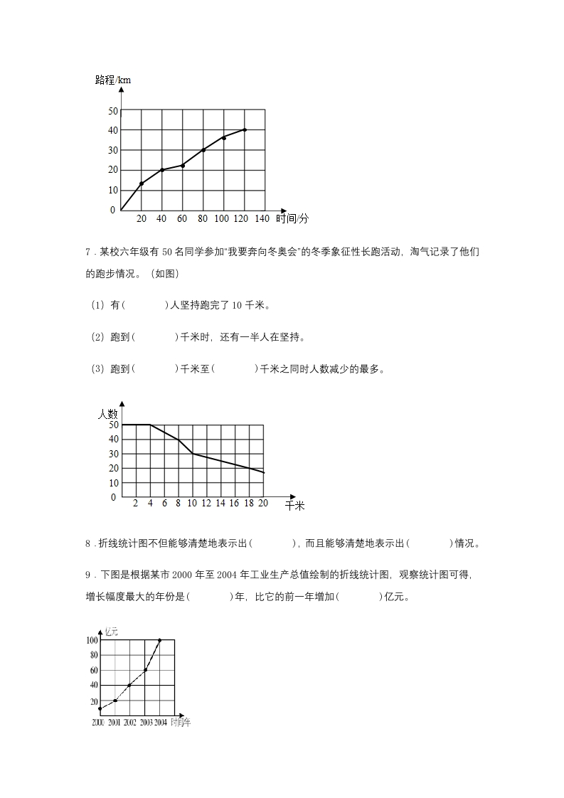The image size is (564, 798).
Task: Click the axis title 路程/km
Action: click(113, 80)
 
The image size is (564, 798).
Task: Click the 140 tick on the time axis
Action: click(262, 218)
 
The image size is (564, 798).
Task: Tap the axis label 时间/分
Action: click(294, 218)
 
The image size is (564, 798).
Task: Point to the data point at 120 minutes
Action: click(245, 129)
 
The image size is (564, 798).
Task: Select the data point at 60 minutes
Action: click(183, 166)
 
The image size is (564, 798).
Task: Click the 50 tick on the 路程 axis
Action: click(112, 111)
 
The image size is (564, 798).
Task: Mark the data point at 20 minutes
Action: click(142, 183)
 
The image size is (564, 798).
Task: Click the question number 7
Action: click(87, 252)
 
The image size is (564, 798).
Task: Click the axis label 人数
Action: click(108, 413)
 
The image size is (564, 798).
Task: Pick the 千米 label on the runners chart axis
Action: click(294, 505)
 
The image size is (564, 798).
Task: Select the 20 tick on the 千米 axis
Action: click(262, 503)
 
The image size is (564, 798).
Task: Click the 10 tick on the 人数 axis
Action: click(112, 483)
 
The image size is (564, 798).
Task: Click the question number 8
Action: click(87, 543)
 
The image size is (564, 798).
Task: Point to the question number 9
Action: click(87, 575)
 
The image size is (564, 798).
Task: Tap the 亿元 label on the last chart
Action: click(112, 631)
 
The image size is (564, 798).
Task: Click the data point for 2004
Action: click(159, 640)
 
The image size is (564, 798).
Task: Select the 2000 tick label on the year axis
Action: click(98, 723)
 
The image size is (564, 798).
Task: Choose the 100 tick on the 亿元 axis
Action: click(92, 640)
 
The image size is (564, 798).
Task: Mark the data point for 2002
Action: click(129, 685)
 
